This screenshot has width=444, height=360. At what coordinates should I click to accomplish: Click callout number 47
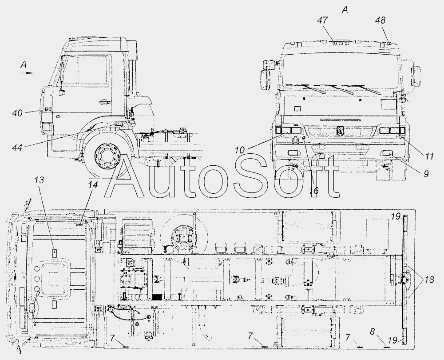(322, 20)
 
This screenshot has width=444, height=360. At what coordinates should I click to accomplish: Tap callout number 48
(381, 20)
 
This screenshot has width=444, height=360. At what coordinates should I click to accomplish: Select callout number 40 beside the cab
(17, 113)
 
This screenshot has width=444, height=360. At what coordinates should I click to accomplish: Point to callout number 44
(17, 148)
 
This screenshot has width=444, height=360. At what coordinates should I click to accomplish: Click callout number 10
(240, 150)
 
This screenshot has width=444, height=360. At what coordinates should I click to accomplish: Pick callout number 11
(428, 156)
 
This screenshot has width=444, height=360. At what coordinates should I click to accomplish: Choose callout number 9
(426, 173)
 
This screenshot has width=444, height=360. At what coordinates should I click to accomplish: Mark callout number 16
(314, 191)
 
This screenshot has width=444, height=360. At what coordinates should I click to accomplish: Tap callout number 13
(40, 180)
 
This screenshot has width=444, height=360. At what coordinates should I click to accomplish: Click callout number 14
(93, 185)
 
